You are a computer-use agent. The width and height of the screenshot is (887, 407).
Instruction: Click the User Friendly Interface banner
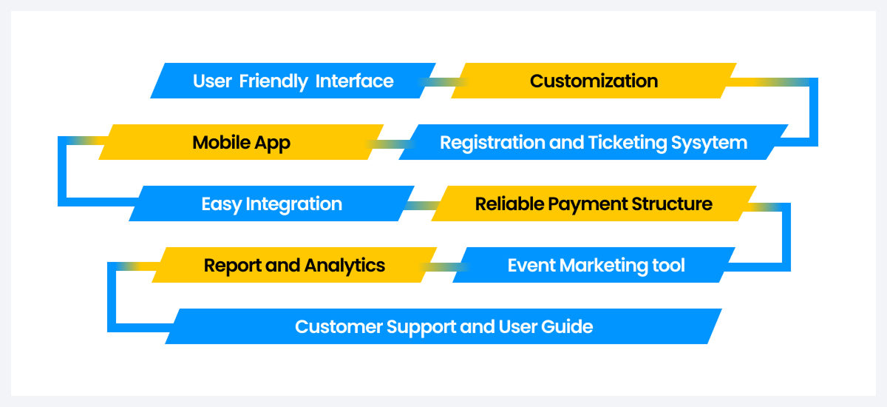(293, 81)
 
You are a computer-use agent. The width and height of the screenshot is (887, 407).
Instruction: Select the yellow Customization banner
(594, 81)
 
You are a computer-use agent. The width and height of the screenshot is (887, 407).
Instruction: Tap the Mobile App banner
(241, 142)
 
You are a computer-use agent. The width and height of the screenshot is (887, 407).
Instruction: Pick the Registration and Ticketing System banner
(593, 142)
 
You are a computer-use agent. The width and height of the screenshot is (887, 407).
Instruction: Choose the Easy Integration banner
(271, 203)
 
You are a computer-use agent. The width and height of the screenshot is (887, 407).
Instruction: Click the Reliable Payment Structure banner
(594, 203)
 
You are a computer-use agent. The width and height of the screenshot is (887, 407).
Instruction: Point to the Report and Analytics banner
(294, 265)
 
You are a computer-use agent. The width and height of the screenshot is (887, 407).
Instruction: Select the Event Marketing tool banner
(596, 265)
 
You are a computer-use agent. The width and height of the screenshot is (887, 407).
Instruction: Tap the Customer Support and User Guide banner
(443, 326)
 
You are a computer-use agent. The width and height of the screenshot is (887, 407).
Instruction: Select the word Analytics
(344, 265)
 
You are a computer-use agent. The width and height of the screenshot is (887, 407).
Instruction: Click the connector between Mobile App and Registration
(390, 144)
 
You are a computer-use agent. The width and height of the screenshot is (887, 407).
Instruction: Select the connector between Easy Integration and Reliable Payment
(423, 205)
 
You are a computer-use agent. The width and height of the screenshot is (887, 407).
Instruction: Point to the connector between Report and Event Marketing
(445, 266)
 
